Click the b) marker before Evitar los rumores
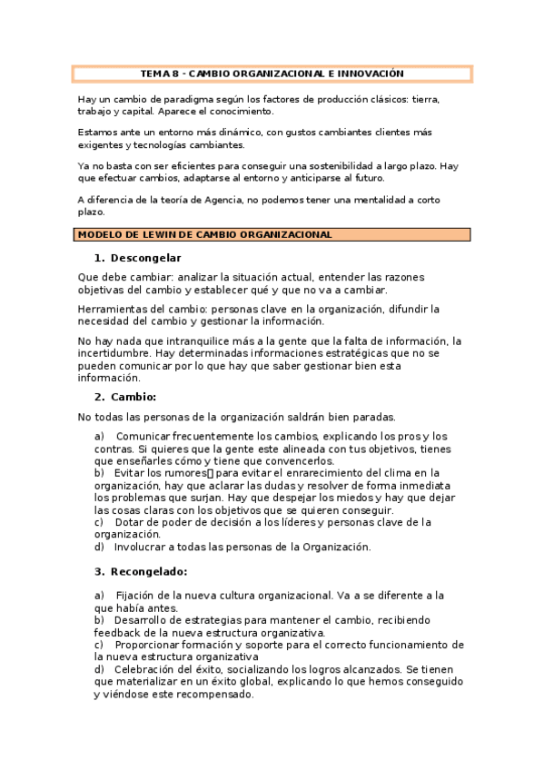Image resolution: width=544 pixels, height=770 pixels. coord(99,473)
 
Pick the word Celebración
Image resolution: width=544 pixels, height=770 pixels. coord(150,669)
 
